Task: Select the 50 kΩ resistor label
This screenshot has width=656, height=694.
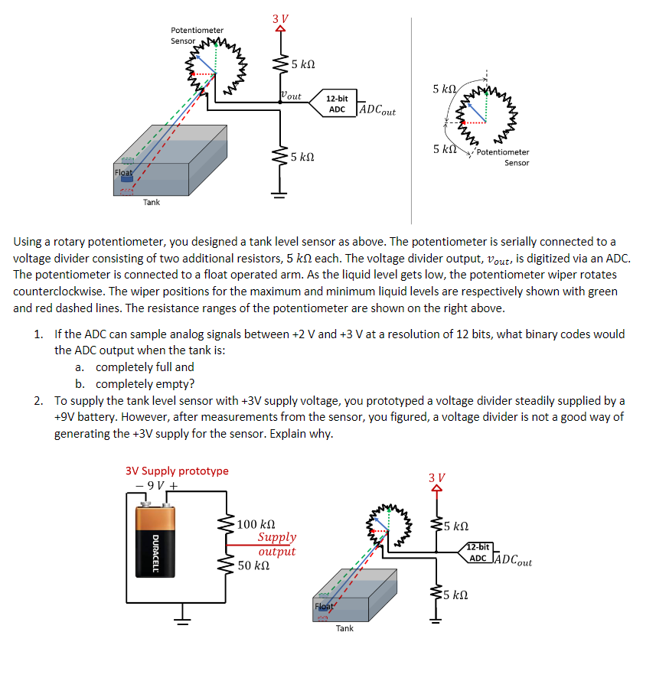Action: [x=253, y=565]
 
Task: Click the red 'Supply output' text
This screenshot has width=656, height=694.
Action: [x=276, y=544]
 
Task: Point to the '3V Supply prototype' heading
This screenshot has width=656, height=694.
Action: [x=176, y=471]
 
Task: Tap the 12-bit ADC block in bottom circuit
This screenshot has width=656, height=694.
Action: [x=478, y=552]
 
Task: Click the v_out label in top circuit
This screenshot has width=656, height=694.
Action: [x=291, y=96]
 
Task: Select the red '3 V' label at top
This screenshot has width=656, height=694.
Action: [x=280, y=18]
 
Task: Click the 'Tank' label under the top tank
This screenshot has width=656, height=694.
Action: [x=152, y=202]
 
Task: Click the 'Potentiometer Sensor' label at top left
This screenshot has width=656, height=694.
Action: [x=197, y=35]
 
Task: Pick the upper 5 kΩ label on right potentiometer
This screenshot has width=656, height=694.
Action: [x=445, y=90]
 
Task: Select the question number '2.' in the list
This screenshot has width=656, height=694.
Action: [x=38, y=400]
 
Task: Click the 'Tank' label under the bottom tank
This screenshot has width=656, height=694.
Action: [x=344, y=628]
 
